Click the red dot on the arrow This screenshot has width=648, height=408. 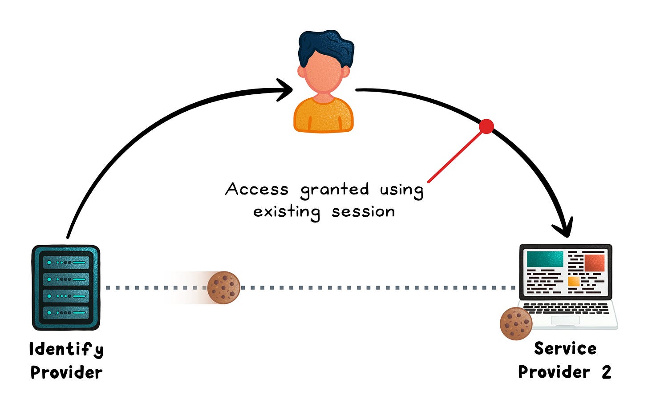point(486,126)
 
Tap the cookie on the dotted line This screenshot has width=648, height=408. point(223,287)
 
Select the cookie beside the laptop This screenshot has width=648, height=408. point(516,323)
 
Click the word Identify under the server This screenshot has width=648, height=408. point(66,349)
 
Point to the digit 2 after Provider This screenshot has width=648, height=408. point(606,372)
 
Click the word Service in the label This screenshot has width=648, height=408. point(565,348)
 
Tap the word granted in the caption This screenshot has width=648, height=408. point(335,190)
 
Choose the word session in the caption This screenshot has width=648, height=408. point(363,212)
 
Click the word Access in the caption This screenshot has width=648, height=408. point(257,189)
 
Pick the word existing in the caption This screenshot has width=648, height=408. point(287,212)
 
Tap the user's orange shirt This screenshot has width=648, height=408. point(324,116)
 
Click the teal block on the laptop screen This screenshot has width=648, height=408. point(545,259)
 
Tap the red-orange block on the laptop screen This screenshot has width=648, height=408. point(594,263)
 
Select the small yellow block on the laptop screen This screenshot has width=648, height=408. point(573,281)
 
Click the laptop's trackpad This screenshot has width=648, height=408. point(565,320)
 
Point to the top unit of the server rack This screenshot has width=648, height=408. point(66,263)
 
